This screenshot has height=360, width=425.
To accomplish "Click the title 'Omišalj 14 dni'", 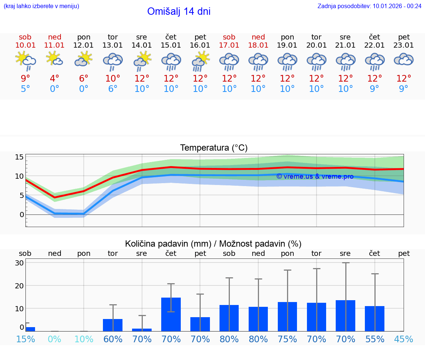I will [179, 11].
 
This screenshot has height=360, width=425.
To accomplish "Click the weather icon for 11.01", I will [55, 59].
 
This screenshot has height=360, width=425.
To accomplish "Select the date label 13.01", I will [113, 45].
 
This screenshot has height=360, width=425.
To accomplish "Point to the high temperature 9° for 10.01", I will [25, 78].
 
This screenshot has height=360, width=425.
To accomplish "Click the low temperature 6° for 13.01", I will [113, 89].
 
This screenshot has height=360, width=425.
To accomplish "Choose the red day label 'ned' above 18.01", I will [258, 37].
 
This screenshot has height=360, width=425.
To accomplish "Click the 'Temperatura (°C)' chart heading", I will [214, 148].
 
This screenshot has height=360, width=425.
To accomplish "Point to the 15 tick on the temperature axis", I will [19, 157].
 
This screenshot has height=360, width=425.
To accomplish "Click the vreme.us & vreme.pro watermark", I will [315, 176].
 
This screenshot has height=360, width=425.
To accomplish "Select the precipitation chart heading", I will [213, 244].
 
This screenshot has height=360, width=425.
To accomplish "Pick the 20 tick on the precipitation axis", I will [19, 285].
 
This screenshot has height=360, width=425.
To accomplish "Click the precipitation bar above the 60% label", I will [113, 325].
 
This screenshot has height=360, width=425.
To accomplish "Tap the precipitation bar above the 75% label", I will [287, 316].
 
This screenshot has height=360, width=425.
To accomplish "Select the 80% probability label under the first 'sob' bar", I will [229, 339].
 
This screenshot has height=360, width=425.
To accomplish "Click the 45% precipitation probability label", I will [404, 339].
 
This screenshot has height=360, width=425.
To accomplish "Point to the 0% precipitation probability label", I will [55, 339].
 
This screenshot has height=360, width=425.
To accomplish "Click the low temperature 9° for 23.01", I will [404, 89].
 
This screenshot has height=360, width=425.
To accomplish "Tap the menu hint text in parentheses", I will [41, 6].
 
